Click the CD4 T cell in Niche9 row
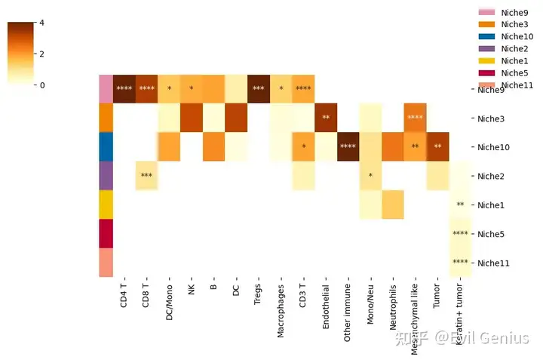point(124,89)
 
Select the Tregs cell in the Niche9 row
point(259,89)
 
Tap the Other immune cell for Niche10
point(348,146)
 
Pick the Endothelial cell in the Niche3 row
point(326,118)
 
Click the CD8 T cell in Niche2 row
point(146,175)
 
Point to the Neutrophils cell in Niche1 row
point(392,205)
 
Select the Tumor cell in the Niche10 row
point(437,146)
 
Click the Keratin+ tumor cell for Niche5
point(460,233)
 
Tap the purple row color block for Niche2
point(106,175)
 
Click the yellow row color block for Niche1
point(106,205)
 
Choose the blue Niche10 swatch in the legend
point(486,36)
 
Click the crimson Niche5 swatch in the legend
point(486,72)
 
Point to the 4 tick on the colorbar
point(41,23)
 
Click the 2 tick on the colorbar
point(41,54)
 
